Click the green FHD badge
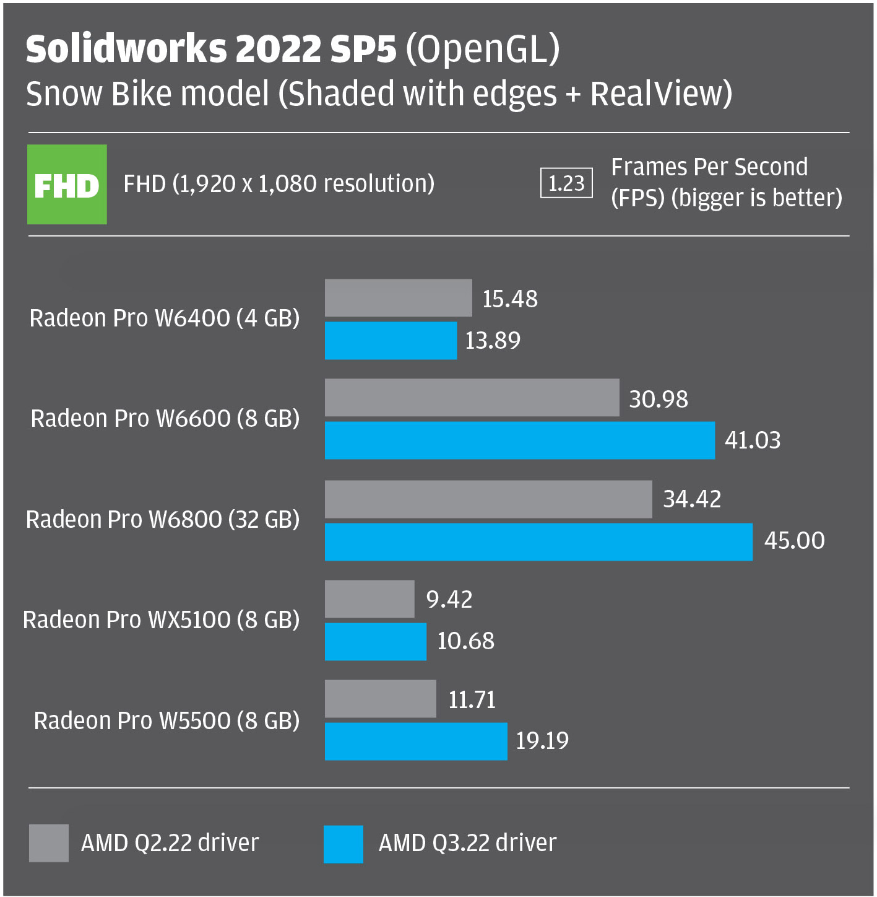point(67,184)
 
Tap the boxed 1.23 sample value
point(566,183)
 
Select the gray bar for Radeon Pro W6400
point(398,298)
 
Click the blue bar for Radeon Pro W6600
point(519,440)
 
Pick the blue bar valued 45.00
point(538,542)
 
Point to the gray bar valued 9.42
point(369,599)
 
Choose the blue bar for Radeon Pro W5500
point(416,742)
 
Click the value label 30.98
point(658,400)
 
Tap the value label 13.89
point(493,341)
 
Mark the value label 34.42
point(692,499)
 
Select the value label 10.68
point(465,641)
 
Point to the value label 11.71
point(472,700)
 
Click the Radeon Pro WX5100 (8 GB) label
point(161,619)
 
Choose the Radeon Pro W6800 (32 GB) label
point(163,519)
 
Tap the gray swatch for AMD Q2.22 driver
point(49,843)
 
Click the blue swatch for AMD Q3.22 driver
point(343,844)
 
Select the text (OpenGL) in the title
point(483,49)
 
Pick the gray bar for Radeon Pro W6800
point(488,499)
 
